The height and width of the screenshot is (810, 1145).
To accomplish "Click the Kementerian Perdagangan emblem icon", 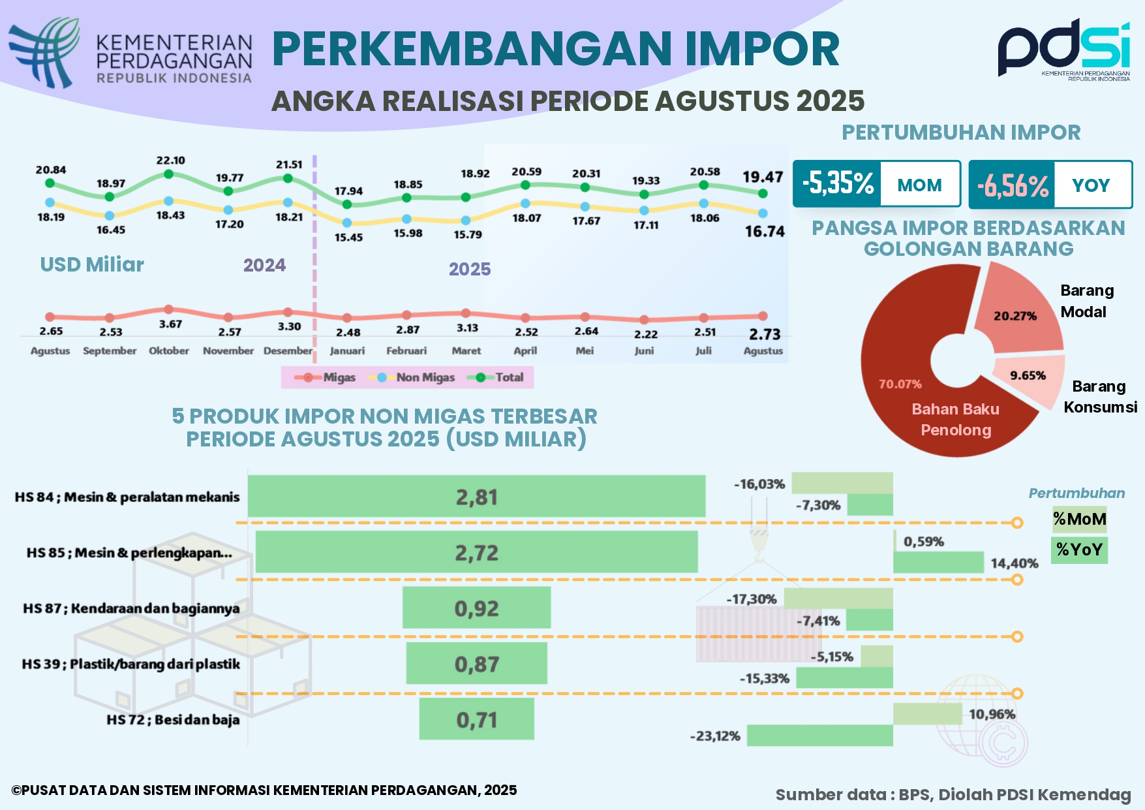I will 44,52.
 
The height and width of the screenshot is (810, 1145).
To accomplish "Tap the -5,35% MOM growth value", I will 838,184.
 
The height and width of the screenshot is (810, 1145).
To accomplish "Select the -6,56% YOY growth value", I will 1013,185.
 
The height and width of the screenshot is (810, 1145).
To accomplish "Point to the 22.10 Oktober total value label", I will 170,161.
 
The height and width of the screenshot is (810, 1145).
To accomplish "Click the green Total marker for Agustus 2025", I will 763,193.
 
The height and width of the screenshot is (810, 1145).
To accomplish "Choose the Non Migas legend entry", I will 412,377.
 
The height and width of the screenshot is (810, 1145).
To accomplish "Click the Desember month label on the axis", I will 288,350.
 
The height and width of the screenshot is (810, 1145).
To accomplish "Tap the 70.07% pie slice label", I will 900,384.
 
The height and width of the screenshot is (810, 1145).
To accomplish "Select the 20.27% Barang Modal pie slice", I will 1015,313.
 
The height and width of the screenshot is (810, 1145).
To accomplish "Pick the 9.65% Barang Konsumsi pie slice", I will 1028,377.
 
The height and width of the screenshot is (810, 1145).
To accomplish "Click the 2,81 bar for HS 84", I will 476,497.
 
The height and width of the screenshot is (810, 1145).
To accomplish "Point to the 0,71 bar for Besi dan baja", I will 476,719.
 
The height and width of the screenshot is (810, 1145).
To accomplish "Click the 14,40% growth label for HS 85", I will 1014,563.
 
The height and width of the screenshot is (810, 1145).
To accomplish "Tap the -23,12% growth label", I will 715,736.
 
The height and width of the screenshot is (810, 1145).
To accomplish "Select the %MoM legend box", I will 1079,520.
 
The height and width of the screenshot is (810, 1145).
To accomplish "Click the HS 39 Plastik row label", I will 130,664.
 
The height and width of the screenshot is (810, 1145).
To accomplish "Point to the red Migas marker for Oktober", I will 168,309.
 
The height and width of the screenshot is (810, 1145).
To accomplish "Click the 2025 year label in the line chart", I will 469,269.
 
